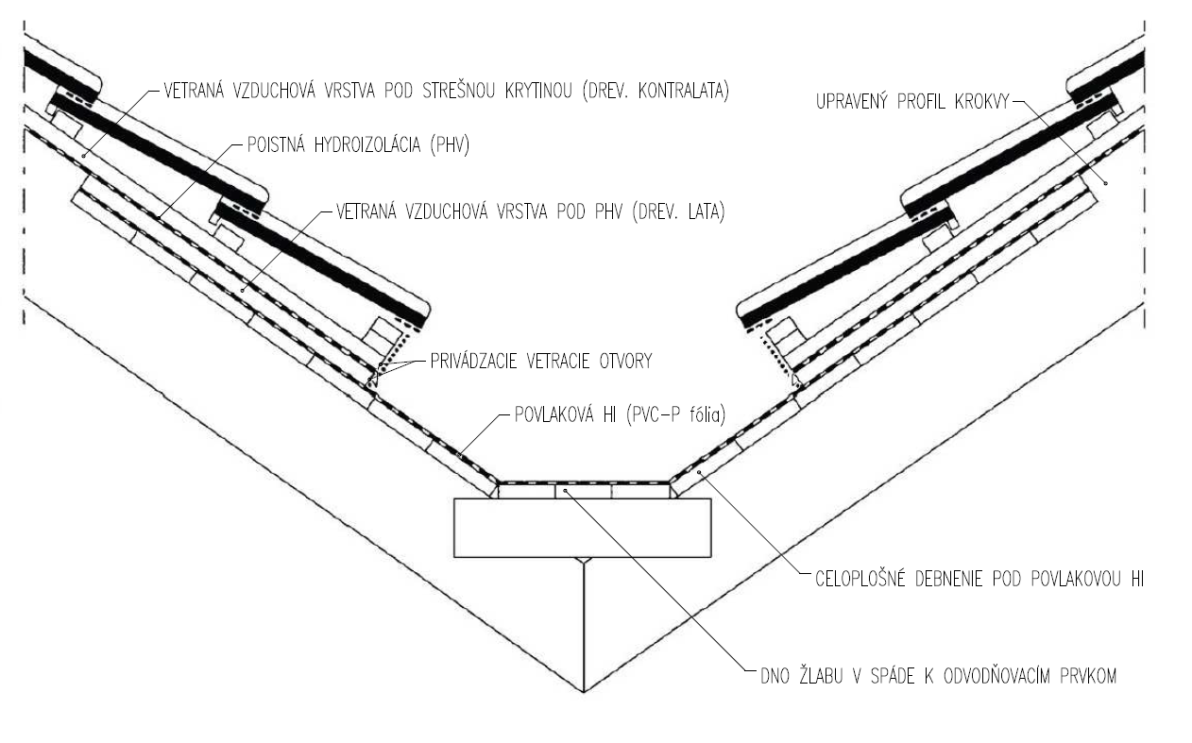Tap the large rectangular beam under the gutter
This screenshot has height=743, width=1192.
(583, 527)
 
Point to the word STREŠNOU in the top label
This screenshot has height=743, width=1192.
(451, 92)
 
